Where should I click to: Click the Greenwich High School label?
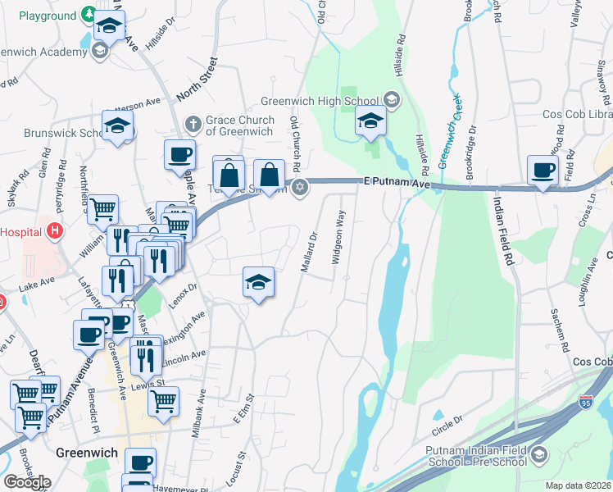tap(320, 101)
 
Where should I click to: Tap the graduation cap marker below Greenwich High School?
tap(370, 122)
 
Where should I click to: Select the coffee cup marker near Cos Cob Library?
tap(543, 171)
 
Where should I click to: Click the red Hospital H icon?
tap(55, 231)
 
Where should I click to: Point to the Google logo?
tap(26, 482)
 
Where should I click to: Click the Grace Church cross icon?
tap(193, 125)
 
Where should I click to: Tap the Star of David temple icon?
tap(301, 188)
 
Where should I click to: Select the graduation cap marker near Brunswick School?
tap(118, 126)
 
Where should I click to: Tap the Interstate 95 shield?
tap(585, 402)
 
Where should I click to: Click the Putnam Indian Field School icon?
tap(538, 453)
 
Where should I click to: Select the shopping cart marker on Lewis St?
tap(163, 400)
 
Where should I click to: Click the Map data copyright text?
tap(579, 485)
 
